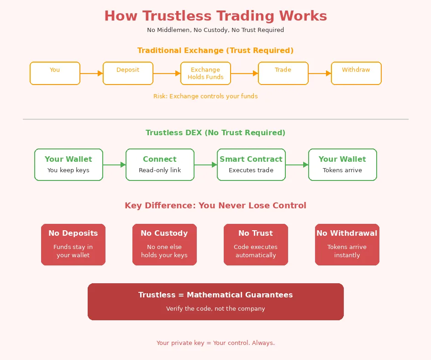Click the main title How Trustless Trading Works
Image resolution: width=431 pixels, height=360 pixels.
[215, 16]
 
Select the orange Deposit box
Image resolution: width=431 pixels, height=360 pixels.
[128, 73]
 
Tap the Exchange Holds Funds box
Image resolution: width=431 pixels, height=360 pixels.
[205, 73]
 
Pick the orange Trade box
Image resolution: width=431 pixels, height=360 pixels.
[283, 73]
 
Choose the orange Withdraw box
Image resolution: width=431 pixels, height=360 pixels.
[356, 73]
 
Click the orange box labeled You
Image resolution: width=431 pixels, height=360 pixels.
[55, 73]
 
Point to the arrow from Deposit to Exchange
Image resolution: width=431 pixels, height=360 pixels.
[167, 73]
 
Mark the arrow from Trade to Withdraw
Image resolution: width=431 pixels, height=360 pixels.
[320, 73]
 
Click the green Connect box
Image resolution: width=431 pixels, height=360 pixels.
[160, 164]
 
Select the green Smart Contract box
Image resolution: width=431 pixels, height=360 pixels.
[251, 164]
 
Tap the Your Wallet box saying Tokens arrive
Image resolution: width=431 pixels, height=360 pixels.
[342, 164]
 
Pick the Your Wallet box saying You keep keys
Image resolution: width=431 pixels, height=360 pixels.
[68, 164]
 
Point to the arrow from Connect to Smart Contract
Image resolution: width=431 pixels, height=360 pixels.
[205, 164]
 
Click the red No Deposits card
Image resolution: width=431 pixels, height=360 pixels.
[73, 244]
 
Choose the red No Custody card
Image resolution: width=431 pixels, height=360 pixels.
[164, 244]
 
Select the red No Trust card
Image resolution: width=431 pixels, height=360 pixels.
[256, 244]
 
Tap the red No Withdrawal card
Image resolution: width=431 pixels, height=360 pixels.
[347, 244]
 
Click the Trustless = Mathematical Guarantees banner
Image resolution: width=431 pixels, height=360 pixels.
[215, 302]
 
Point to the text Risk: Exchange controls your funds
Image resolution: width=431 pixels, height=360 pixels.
[205, 96]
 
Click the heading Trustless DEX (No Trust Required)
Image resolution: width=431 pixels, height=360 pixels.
[215, 133]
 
